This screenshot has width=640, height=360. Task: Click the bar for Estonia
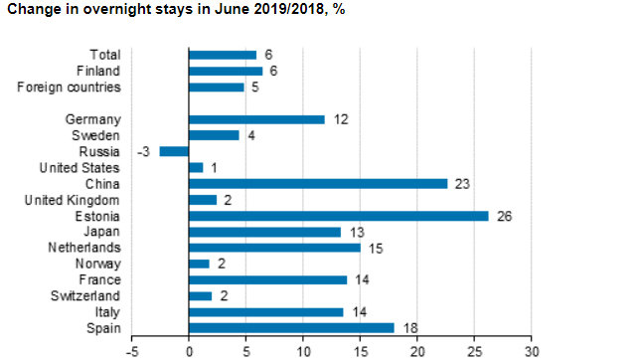pos(338,215)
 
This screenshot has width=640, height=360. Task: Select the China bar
pos(318,183)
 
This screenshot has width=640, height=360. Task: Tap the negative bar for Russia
pos(174,151)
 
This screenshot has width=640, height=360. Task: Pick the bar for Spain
pos(291,328)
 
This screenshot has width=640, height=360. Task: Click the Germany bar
pos(256,119)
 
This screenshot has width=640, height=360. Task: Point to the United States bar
pos(196,167)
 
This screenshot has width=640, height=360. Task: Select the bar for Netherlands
pos(274,248)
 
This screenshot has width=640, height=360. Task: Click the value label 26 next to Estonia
pos(504,216)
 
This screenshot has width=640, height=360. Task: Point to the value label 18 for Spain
pos(408,328)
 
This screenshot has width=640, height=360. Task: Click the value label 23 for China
pos(462,184)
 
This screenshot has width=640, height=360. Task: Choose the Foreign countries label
pos(68,88)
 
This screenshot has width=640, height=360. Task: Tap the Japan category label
pos(103,232)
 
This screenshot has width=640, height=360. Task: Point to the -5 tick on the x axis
pos(131,351)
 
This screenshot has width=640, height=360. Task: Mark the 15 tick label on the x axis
pos(360,351)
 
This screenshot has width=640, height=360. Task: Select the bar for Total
pos(222,55)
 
